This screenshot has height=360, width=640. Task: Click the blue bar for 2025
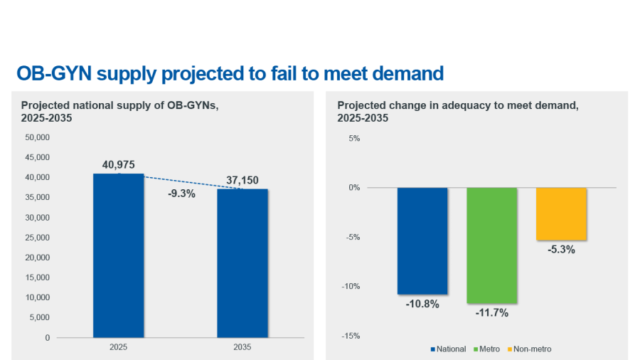point(118,255)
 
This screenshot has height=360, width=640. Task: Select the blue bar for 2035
point(242,263)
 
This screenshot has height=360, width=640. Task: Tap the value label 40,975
point(118,165)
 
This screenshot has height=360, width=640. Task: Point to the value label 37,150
point(242,181)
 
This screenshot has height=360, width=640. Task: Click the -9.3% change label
point(181,193)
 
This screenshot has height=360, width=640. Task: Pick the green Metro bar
point(491,245)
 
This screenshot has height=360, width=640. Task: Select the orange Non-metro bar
point(561,213)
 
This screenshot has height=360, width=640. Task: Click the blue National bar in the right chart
point(422,240)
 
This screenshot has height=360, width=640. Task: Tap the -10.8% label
point(422,304)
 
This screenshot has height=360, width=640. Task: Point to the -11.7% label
point(491,312)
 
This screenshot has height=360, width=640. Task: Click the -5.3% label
point(561,250)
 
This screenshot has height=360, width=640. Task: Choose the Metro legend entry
point(486,349)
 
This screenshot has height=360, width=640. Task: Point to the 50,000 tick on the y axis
point(38,137)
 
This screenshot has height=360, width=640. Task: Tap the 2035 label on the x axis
point(242,348)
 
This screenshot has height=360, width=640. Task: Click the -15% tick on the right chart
point(352,336)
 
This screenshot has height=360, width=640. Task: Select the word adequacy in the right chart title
point(454,105)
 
